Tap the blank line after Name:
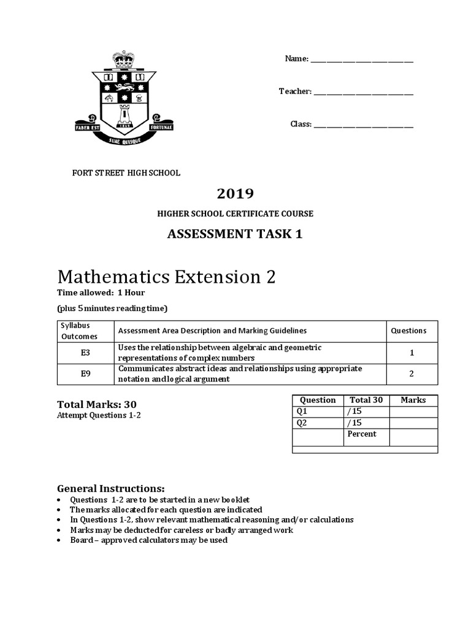362,59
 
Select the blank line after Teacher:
363,92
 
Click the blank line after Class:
363,124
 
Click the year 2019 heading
235,194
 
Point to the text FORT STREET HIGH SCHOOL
127,173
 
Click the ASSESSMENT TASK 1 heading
235,234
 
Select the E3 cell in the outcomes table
86,353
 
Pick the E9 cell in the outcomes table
86,374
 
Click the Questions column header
408,331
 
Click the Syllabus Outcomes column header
78,331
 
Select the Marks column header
413,400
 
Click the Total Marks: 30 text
97,404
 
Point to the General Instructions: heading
111,489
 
